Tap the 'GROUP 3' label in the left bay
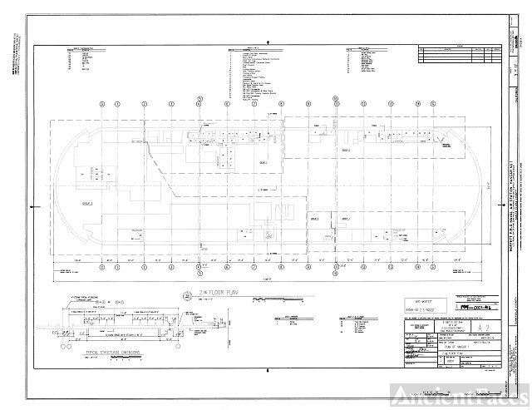[x=86, y=202]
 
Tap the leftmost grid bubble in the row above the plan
[x=101, y=105]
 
